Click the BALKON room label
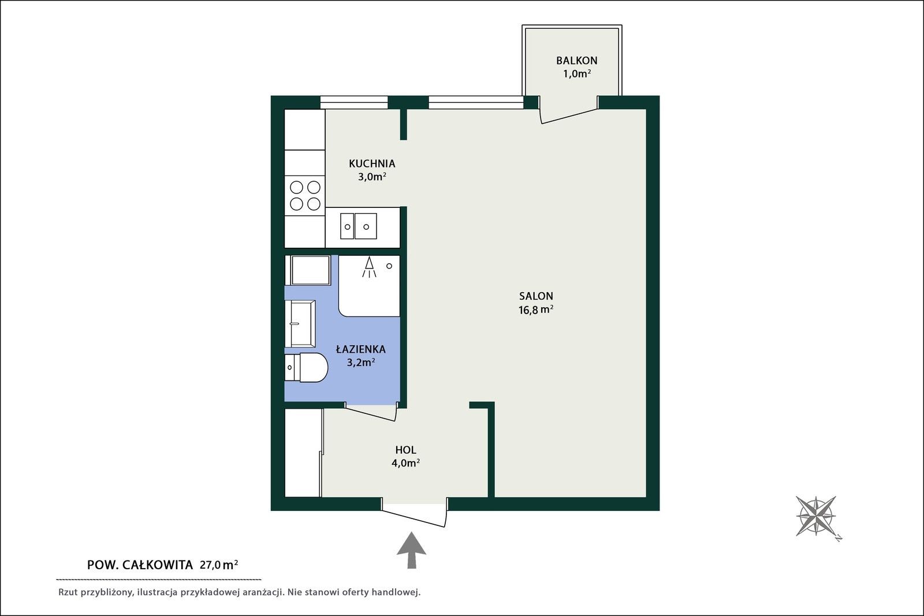tap(577, 61)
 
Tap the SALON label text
tap(536, 296)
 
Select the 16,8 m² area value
tap(536, 309)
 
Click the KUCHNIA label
tap(372, 164)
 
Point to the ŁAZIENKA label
tap(361, 349)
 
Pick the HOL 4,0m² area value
tap(406, 463)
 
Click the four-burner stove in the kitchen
tap(305, 196)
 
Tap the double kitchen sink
tap(359, 226)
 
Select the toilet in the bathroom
tap(307, 367)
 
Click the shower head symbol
tap(369, 267)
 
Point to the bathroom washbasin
tap(300, 324)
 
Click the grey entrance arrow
tap(411, 550)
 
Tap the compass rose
tap(817, 516)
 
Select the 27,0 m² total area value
tap(219, 565)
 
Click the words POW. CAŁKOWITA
tap(140, 565)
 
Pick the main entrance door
tap(414, 513)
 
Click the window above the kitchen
tap(355, 102)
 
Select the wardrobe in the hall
tap(303, 453)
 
